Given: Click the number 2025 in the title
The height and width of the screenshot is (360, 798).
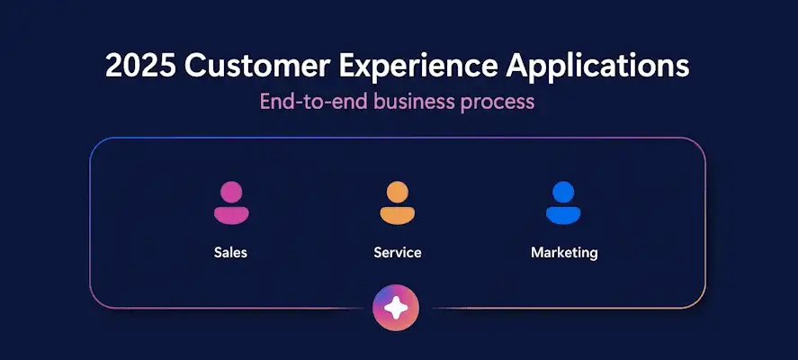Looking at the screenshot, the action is click(141, 67).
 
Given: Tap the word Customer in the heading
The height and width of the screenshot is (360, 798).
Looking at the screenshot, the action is click(256, 67).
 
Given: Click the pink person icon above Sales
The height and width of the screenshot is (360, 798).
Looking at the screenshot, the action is click(231, 202).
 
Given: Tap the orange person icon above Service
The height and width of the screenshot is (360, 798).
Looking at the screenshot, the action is click(398, 202).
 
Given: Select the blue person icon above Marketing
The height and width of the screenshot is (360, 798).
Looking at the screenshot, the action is click(563, 202).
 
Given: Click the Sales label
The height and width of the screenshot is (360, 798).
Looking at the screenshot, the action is click(230, 253).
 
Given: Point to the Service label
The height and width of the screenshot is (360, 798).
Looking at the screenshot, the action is click(398, 253).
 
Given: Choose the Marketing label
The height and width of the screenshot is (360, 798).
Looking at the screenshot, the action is click(564, 253).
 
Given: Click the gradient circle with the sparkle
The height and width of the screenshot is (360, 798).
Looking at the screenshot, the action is click(396, 308).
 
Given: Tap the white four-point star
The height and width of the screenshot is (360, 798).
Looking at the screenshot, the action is click(396, 308).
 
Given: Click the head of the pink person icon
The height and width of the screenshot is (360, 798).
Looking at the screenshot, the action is click(231, 192).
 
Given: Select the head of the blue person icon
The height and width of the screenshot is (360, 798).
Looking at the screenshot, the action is click(563, 192).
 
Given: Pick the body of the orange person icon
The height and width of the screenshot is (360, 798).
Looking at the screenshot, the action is click(398, 215).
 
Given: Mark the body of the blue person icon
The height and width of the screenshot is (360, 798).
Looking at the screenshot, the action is click(563, 215).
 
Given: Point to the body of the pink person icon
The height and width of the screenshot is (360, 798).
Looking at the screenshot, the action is click(231, 215).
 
